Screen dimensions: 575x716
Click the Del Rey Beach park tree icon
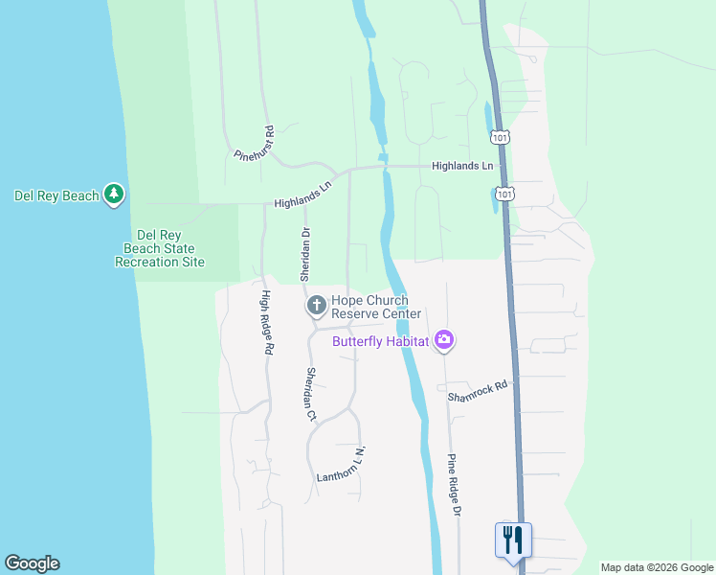pyautogui.click(x=115, y=195)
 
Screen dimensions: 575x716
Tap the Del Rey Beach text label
pyautogui.click(x=56, y=196)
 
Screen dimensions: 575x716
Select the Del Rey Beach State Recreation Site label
pyautogui.click(x=159, y=248)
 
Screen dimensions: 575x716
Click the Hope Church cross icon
pyautogui.click(x=316, y=306)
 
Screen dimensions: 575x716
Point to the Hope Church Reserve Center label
pyautogui.click(x=376, y=308)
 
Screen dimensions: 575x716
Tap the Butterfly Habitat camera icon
pyautogui.click(x=443, y=340)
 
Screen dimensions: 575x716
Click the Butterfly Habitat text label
pyautogui.click(x=380, y=341)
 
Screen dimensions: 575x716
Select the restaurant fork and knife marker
pyautogui.click(x=513, y=539)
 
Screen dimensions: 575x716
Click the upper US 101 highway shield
pyautogui.click(x=500, y=138)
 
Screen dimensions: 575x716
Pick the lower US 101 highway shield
pyautogui.click(x=506, y=194)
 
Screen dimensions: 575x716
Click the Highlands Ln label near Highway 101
pyautogui.click(x=462, y=166)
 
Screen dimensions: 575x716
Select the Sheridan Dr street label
pyautogui.click(x=306, y=249)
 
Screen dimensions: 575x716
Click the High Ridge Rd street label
pyautogui.click(x=265, y=324)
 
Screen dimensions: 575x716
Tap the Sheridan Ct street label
pyautogui.click(x=310, y=394)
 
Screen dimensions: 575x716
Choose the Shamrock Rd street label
pyautogui.click(x=476, y=390)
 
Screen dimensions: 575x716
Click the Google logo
pyautogui.click(x=32, y=563)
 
